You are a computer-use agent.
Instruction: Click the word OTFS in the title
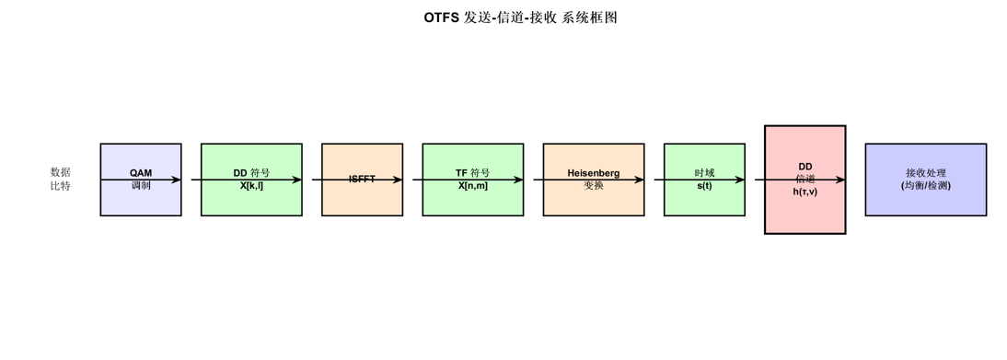tap(442, 17)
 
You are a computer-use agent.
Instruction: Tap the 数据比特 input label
tap(60, 179)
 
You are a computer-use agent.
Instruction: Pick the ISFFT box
tap(362, 199)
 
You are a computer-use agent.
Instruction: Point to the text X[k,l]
tap(251, 186)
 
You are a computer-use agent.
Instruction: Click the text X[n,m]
tap(472, 186)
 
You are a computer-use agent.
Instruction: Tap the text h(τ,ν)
tap(804, 192)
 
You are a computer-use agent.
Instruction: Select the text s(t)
tap(704, 186)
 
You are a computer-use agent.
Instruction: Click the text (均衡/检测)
tap(925, 186)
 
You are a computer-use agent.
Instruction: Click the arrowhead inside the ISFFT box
tap(397, 180)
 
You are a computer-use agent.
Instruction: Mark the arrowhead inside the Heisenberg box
tap(638, 180)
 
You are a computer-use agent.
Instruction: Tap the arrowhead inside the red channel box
tap(839, 180)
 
